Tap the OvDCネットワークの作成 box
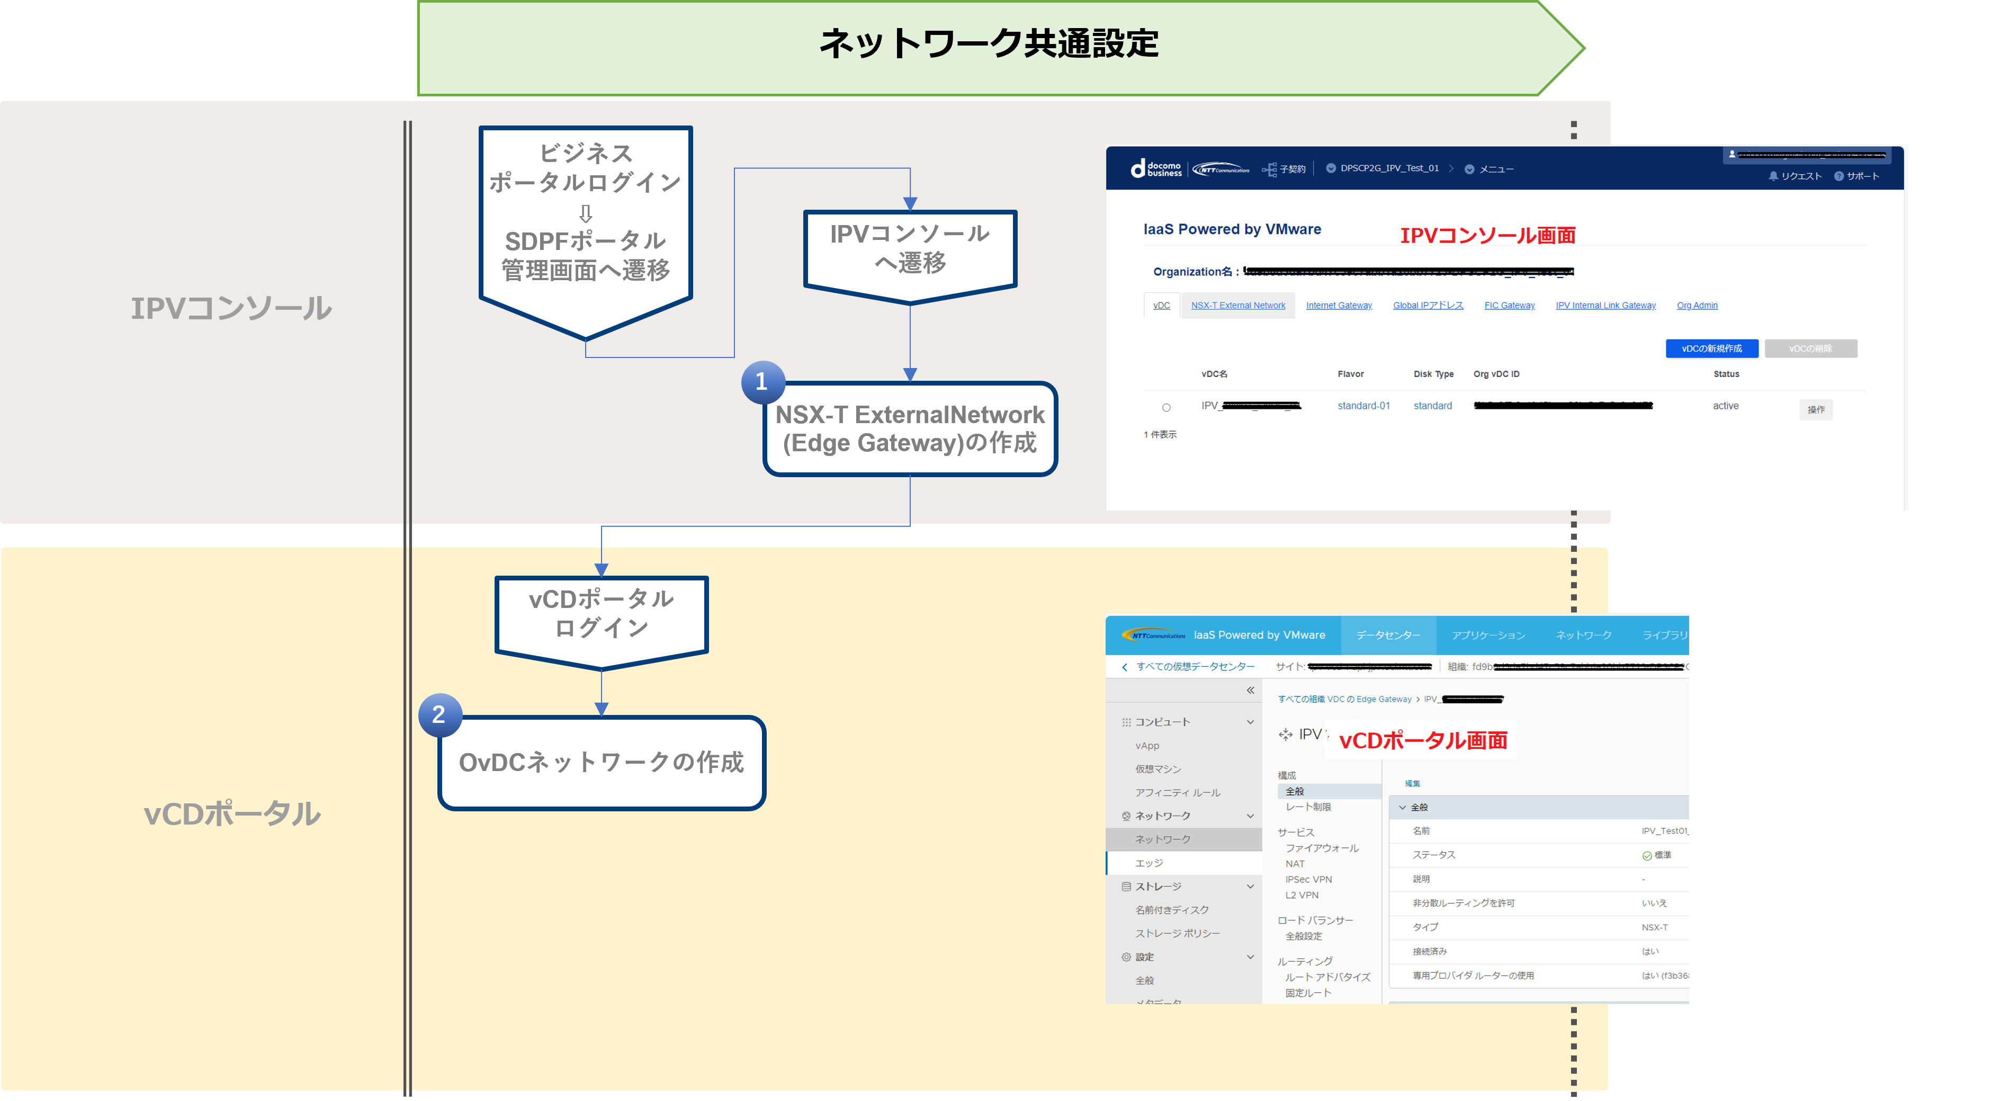pyautogui.click(x=602, y=763)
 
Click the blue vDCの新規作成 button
pyautogui.click(x=1711, y=348)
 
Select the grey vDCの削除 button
pyautogui.click(x=1810, y=348)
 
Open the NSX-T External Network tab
pyautogui.click(x=1238, y=306)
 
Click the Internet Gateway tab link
pyautogui.click(x=1339, y=306)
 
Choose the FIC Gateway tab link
pyautogui.click(x=1509, y=306)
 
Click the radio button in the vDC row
pyautogui.click(x=1166, y=407)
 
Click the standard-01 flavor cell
pyautogui.click(x=1363, y=406)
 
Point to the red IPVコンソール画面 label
pyautogui.click(x=1487, y=235)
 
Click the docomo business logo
pyautogui.click(x=1156, y=168)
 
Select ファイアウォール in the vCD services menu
pyautogui.click(x=1322, y=848)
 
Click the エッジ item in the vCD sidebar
pyautogui.click(x=1149, y=863)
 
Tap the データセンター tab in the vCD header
pyautogui.click(x=1388, y=635)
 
